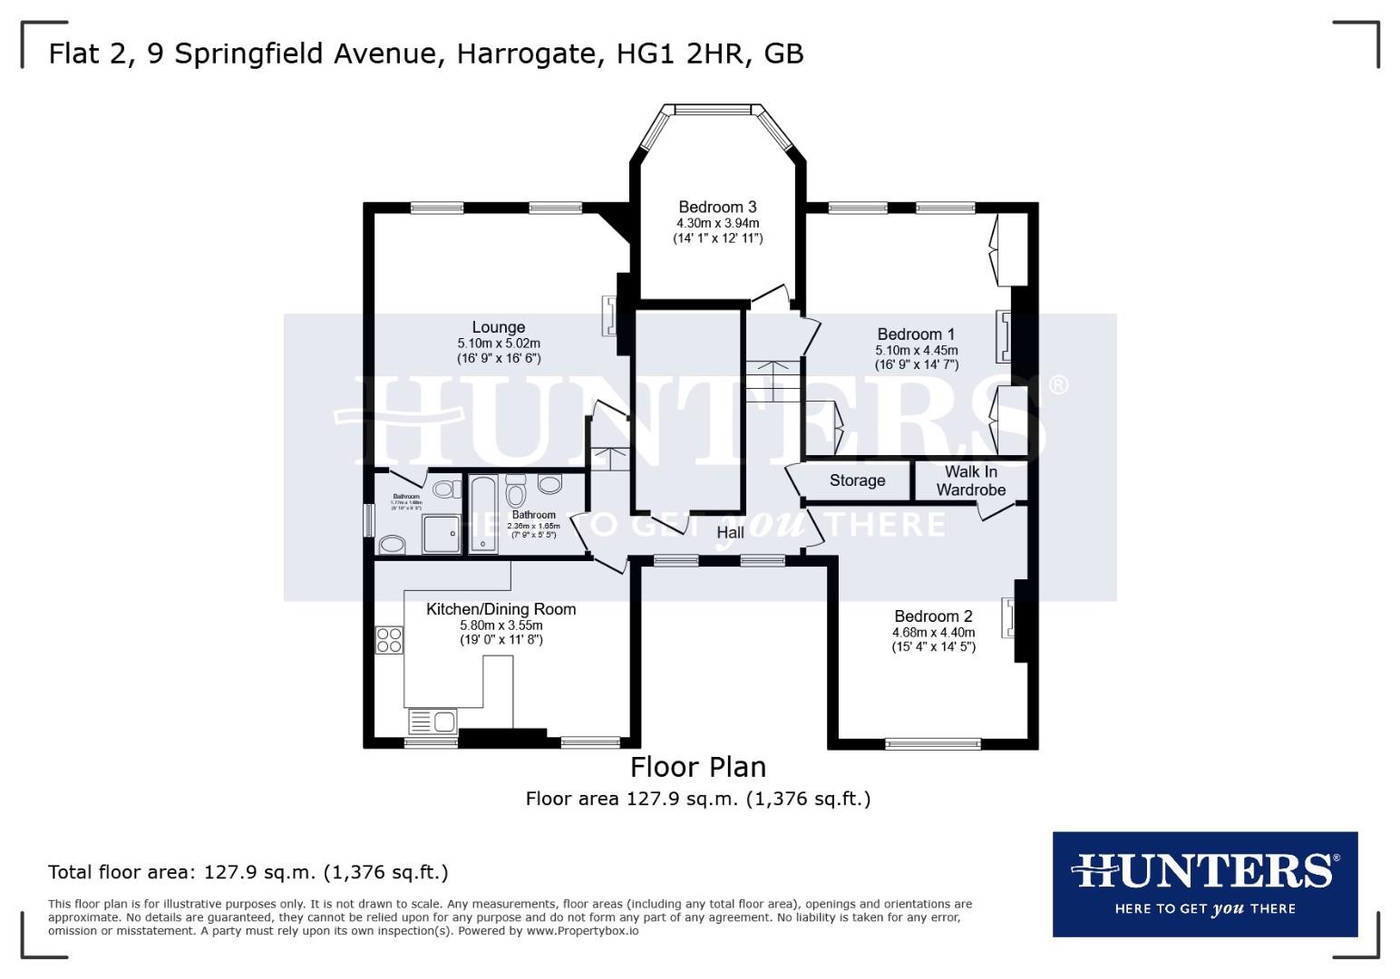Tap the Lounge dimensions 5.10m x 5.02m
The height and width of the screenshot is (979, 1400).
(498, 344)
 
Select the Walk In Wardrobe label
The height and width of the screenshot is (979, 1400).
(970, 480)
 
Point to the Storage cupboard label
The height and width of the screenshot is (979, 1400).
(857, 480)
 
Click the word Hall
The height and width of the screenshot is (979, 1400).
(730, 532)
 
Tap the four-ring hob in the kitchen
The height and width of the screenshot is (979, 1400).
(390, 640)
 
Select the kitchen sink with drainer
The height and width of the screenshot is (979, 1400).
(433, 722)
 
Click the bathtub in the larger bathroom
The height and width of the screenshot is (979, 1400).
(483, 513)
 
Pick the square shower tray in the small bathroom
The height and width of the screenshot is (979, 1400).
(442, 534)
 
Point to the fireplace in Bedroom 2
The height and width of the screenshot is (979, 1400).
(1007, 617)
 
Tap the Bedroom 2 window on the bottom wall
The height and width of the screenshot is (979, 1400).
(932, 744)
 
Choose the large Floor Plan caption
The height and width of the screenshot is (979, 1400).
(697, 767)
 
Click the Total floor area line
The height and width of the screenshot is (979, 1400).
(248, 872)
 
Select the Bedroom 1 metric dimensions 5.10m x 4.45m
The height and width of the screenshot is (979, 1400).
(916, 350)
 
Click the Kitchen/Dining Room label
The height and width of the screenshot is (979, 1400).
(501, 609)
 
